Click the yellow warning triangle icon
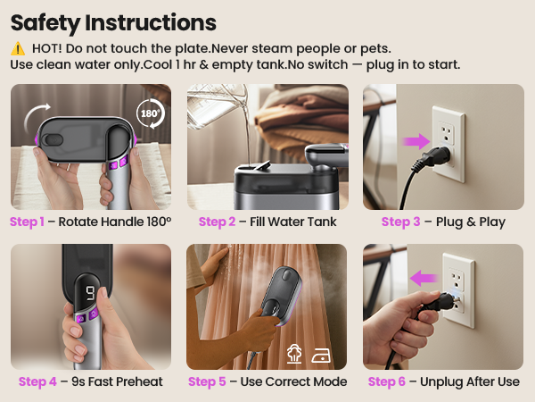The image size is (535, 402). tap(18, 49)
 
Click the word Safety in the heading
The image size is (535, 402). tap(53, 21)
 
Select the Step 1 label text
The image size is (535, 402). tap(29, 222)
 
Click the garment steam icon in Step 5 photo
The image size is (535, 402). tap(296, 353)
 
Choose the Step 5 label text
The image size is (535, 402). tap(208, 381)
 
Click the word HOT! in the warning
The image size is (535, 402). tap(46, 49)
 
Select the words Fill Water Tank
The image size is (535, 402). tap(293, 222)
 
